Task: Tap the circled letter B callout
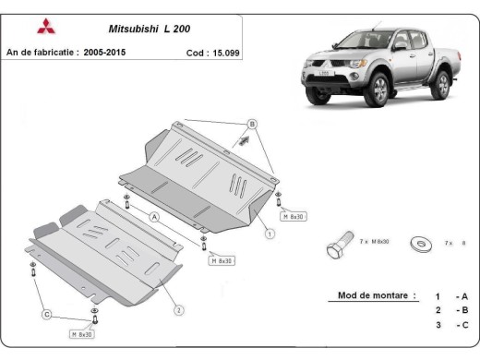tap(250, 124)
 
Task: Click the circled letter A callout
tap(155, 216)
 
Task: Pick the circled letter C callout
tap(45, 315)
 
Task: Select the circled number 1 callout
tap(270, 234)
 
